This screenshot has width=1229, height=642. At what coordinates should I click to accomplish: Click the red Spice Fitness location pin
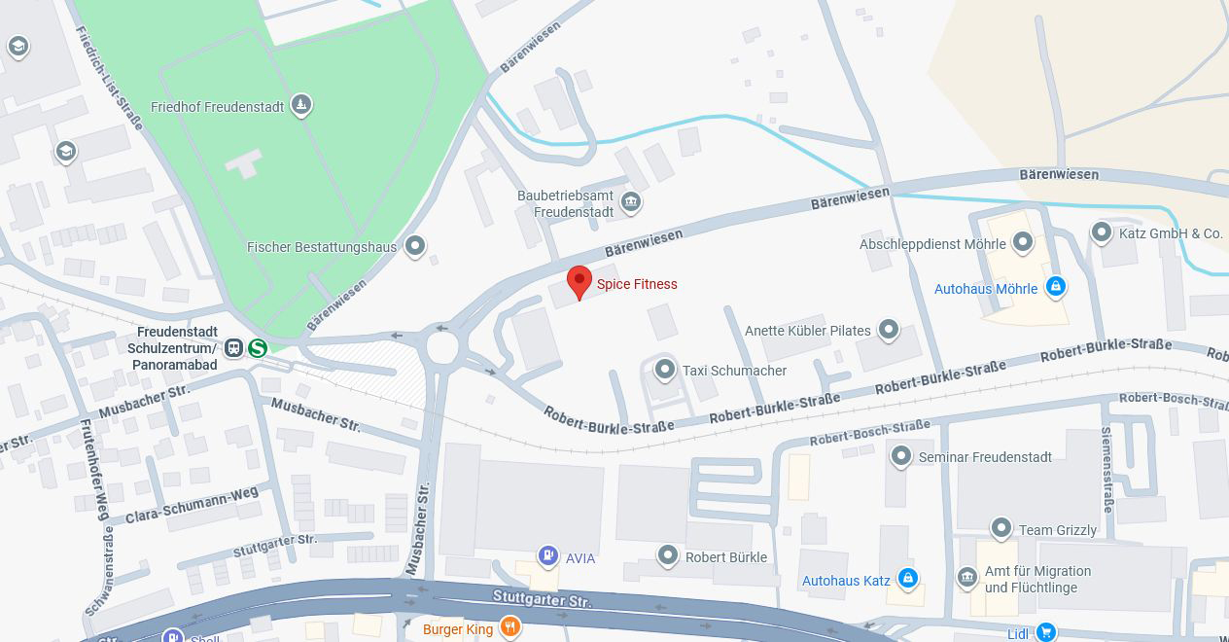click(579, 282)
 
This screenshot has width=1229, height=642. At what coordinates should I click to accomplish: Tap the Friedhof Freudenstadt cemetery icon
click(301, 106)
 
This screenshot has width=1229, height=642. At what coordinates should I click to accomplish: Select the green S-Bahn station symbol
click(258, 348)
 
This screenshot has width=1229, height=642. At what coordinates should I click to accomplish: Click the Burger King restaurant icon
click(509, 628)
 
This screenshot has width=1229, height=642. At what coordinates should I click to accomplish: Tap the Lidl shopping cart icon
click(1045, 632)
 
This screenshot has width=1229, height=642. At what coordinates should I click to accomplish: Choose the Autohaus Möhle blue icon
click(1056, 287)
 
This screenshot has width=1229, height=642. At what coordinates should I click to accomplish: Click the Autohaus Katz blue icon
click(908, 580)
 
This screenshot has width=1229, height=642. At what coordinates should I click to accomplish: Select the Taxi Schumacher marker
click(665, 370)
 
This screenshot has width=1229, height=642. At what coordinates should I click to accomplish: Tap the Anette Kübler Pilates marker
click(889, 330)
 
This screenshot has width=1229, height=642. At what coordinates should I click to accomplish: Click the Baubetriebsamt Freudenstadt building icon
click(631, 202)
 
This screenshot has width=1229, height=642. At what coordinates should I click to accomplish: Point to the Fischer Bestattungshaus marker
click(416, 246)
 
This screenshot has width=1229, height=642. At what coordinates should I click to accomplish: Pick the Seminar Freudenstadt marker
click(901, 456)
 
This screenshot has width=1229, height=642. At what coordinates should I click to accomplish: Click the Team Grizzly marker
click(1001, 529)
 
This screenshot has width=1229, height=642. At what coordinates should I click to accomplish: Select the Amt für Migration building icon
click(967, 579)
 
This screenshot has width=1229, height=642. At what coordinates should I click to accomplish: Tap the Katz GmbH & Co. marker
click(1102, 232)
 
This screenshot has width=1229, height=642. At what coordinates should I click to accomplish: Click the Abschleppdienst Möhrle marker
click(1023, 243)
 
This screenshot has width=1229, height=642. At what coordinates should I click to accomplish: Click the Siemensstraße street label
click(1106, 469)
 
